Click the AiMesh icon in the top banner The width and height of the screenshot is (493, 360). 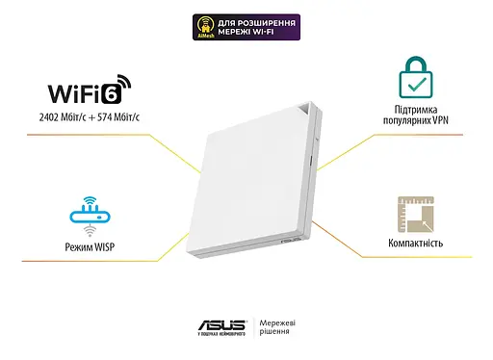202,26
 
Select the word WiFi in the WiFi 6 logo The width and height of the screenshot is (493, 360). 84,94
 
